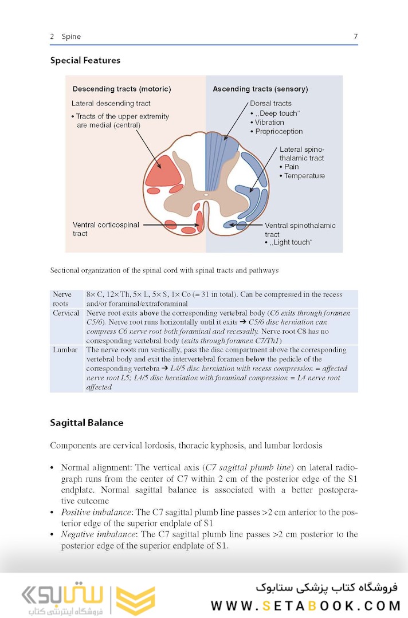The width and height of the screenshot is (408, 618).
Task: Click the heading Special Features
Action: point(85,60)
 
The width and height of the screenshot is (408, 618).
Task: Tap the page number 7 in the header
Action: point(355,37)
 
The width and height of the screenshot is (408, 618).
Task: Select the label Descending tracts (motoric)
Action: point(121,89)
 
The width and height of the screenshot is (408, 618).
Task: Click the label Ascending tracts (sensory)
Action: point(260,89)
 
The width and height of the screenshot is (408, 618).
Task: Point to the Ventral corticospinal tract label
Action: point(106,229)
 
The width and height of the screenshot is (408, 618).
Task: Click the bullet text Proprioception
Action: point(278,131)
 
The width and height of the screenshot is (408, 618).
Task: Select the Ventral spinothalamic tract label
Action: point(300,230)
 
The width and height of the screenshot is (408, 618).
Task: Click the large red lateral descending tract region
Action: point(162,171)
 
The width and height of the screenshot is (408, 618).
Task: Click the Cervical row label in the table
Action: point(66,313)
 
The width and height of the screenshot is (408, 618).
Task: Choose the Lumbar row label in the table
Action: point(65,349)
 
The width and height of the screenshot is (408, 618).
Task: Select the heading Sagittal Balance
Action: point(87,423)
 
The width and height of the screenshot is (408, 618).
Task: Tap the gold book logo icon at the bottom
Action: point(136,601)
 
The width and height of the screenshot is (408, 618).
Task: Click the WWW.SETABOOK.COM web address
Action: point(305,605)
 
